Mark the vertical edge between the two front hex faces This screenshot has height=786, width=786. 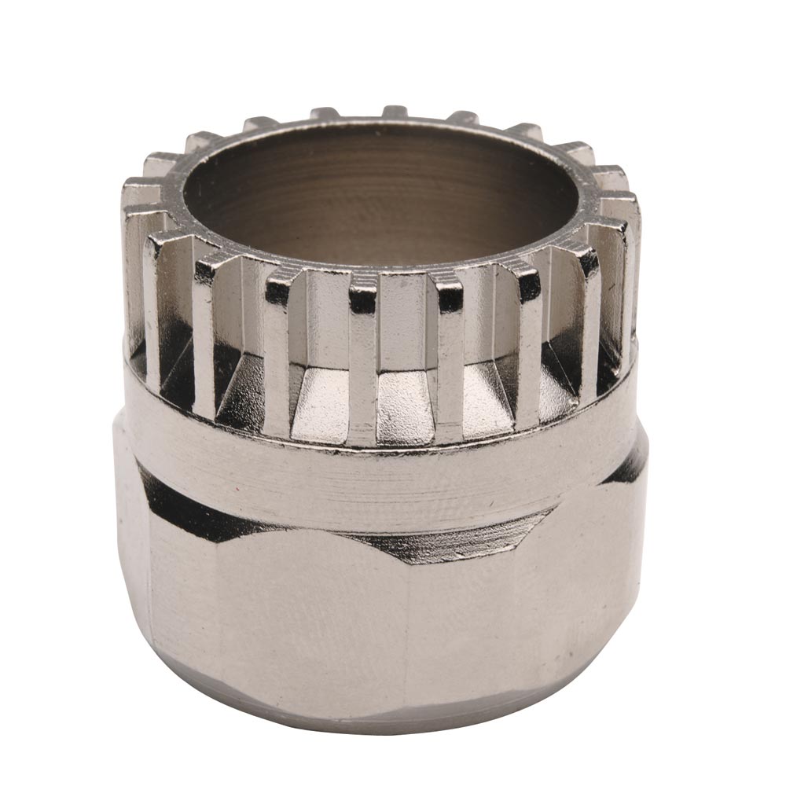click(405, 629)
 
